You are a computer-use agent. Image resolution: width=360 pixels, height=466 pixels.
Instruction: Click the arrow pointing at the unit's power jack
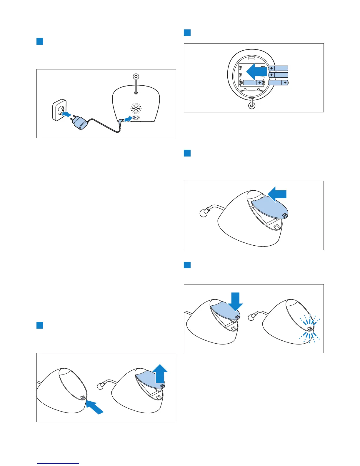[x=128, y=119]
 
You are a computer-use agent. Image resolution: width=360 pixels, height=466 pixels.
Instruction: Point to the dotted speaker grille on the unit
[x=136, y=109]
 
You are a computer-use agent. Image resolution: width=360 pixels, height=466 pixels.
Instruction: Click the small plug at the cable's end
[x=120, y=121]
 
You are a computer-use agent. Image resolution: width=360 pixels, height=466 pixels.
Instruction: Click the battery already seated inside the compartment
[x=252, y=83]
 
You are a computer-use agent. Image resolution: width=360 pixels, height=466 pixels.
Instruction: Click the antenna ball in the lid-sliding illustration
[x=204, y=213]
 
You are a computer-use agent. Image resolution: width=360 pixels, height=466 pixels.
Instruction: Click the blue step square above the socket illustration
[x=40, y=41]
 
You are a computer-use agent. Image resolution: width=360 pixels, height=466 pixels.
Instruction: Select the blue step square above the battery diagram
[x=187, y=32]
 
